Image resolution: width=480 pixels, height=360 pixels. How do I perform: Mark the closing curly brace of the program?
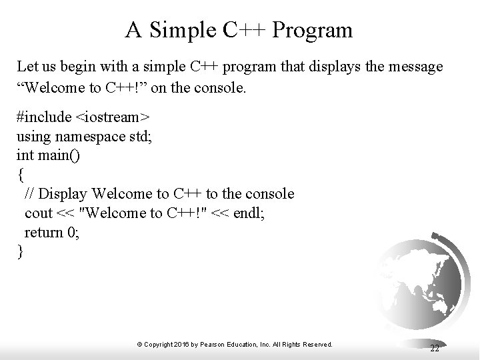pos(20,252)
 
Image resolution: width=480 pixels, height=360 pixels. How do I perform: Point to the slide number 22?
pos(434,349)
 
